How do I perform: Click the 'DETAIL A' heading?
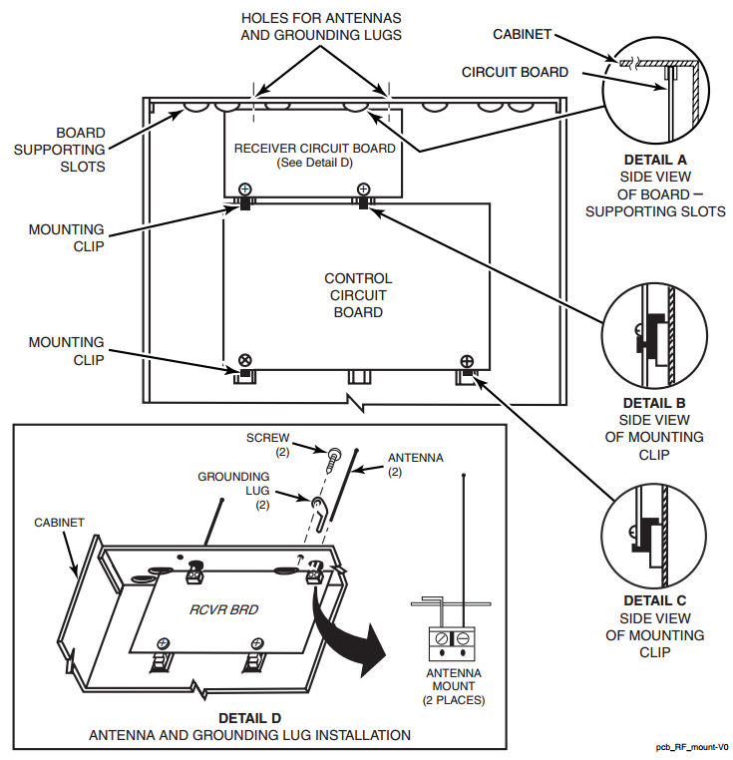[x=655, y=160]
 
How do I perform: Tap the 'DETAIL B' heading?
[x=654, y=403]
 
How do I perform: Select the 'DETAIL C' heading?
[x=654, y=601]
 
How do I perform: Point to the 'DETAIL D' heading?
[x=249, y=718]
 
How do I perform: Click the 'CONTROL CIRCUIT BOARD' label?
[x=358, y=295]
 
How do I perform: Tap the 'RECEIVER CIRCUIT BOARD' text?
[x=314, y=149]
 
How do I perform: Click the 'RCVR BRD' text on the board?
[x=223, y=609]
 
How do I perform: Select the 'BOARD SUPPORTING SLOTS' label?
[x=60, y=150]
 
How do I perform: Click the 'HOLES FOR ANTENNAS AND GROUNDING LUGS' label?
[x=321, y=27]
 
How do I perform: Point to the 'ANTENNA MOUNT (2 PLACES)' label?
[x=454, y=686]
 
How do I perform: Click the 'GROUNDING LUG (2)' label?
[x=233, y=491]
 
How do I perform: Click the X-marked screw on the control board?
[x=245, y=360]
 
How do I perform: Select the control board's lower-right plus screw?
[x=467, y=361]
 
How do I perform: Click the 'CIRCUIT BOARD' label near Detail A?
[x=515, y=72]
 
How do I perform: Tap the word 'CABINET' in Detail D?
[x=59, y=523]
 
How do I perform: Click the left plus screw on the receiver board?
[x=245, y=190]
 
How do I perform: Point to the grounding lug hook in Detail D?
[x=320, y=513]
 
